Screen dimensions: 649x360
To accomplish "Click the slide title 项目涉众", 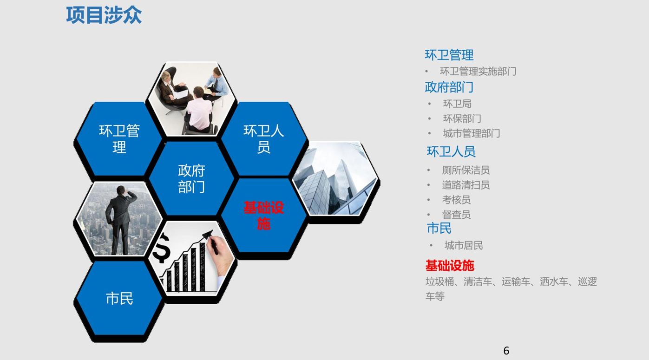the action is tap(104, 15).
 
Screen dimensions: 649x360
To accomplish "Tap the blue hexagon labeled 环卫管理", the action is tap(119, 139).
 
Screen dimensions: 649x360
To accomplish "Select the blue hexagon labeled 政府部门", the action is tap(191, 178).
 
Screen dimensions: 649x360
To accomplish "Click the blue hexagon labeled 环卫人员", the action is tap(264, 139).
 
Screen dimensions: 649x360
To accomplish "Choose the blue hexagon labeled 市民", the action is tap(119, 298).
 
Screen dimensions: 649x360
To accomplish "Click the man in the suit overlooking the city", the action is tap(119, 220).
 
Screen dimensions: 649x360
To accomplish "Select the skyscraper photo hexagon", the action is tap(335, 178).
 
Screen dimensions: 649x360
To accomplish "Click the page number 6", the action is tap(506, 351).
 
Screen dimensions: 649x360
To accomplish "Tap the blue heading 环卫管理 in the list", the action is tap(449, 55).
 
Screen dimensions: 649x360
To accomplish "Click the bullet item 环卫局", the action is tap(457, 104).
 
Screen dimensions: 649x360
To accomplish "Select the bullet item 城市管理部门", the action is tap(472, 133).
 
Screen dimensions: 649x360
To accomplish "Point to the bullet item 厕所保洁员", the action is tap(465, 170).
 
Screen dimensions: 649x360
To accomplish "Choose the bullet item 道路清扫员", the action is tap(465, 185).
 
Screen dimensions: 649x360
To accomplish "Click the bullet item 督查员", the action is tap(456, 215).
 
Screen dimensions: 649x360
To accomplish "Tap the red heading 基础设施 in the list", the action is tap(450, 265).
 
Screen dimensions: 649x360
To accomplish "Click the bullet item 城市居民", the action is tap(464, 245).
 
